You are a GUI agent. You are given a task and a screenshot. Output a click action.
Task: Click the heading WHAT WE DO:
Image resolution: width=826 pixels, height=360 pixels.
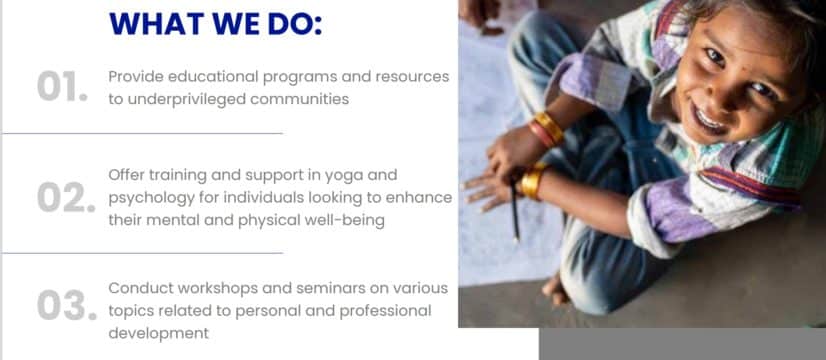(215, 24)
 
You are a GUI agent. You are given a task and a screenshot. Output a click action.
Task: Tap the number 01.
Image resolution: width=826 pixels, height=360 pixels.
(62, 86)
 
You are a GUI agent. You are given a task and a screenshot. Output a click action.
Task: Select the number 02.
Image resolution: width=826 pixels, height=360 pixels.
(66, 198)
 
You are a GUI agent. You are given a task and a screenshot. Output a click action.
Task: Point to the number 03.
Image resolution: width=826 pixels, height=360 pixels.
(67, 305)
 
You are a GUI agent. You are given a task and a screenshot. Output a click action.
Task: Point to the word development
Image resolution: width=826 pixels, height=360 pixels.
(159, 334)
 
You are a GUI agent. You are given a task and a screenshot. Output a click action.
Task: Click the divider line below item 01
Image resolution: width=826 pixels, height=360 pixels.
(142, 133)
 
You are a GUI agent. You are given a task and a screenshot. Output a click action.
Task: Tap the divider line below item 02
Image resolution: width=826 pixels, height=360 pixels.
(142, 253)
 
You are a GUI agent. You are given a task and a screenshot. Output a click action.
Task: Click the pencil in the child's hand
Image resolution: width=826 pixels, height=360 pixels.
(514, 209)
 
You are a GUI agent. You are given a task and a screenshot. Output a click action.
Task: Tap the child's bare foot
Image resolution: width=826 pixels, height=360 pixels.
(554, 290)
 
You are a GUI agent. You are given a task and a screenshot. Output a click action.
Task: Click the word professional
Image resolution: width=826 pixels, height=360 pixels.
(385, 312)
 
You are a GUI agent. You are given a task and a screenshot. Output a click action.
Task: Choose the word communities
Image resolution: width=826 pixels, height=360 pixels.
(299, 100)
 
